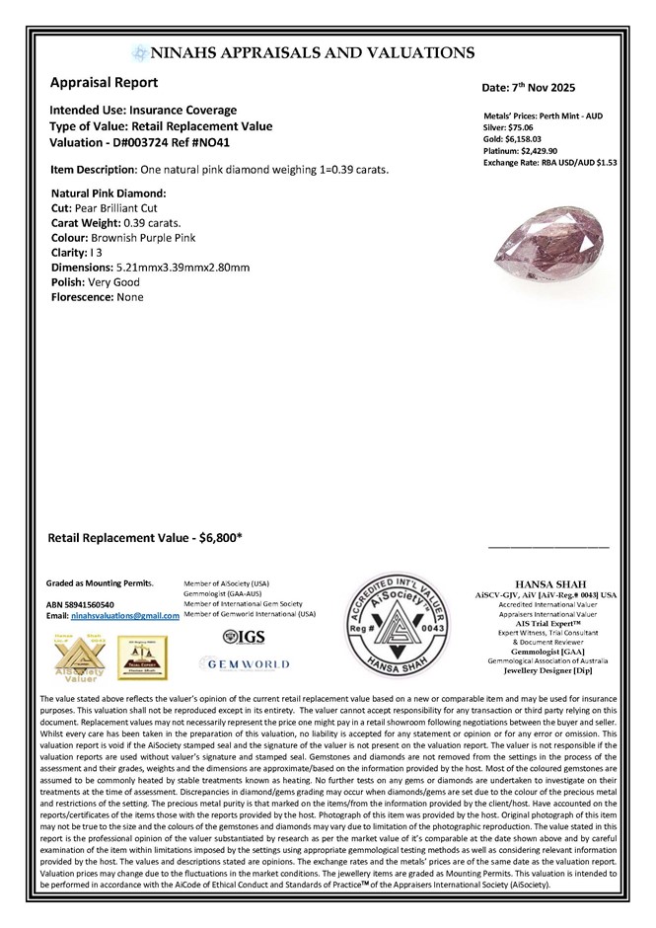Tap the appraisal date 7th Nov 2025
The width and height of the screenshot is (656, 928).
tap(565, 89)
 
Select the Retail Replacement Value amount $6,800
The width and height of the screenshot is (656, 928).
tap(220, 539)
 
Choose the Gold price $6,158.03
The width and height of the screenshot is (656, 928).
tap(534, 139)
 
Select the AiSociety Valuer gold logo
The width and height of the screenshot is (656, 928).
tap(75, 656)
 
